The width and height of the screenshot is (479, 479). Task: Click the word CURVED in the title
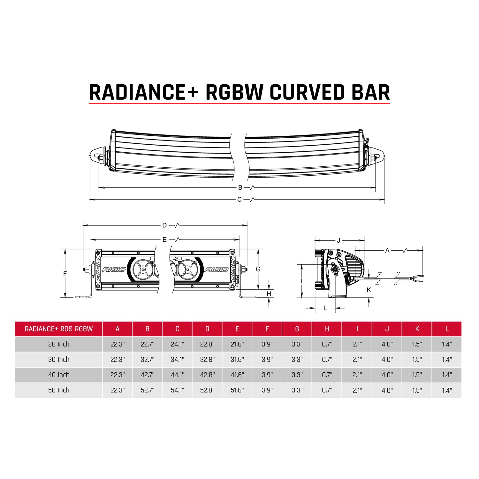308,92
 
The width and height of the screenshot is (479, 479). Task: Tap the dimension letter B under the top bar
240,188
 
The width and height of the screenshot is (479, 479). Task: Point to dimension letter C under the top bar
240,200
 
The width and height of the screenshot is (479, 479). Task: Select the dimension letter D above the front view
164,225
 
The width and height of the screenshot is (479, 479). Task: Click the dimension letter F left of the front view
65,274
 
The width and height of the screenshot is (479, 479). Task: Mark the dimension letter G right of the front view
258,269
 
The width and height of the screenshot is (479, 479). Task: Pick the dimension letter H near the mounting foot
269,294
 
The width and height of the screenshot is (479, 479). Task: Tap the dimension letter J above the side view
339,240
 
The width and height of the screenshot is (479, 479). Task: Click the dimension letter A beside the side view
387,251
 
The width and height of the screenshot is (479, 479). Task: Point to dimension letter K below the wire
369,290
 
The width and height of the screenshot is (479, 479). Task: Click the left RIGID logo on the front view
114,270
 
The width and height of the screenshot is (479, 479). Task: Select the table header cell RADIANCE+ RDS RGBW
59,329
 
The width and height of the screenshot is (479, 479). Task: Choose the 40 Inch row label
59,375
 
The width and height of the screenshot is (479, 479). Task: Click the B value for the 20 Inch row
148,344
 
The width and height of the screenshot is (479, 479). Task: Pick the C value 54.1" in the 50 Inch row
177,390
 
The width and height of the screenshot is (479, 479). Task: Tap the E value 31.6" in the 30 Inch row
237,360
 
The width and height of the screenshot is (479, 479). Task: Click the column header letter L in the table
447,329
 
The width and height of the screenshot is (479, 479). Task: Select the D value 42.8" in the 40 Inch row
207,375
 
